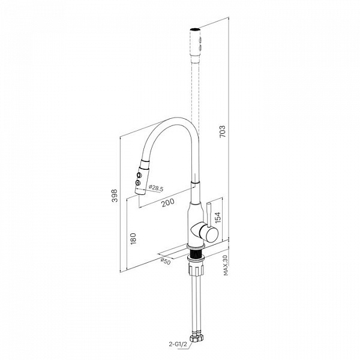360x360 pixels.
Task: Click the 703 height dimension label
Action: [223, 131]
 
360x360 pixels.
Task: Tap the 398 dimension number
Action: [115, 196]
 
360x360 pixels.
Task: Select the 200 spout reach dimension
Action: [168, 203]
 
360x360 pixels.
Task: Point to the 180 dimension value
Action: [133, 239]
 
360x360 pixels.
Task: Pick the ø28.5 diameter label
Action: [156, 188]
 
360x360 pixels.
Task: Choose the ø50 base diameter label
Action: [166, 261]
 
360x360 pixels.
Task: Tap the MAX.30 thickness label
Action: [226, 265]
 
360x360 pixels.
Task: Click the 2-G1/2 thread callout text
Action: [178, 344]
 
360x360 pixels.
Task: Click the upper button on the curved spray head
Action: [139, 175]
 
